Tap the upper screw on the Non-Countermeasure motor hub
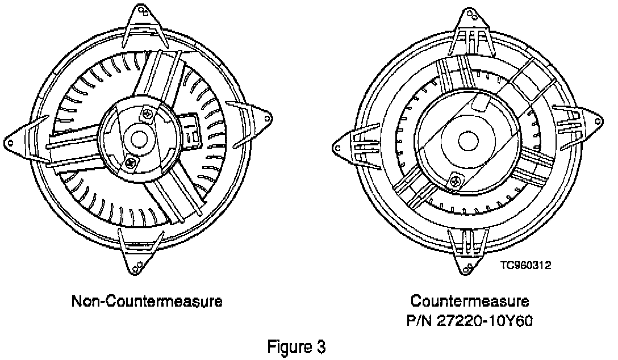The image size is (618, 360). coord(148,114)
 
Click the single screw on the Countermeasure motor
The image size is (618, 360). coord(455,182)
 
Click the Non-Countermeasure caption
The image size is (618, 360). coord(147,301)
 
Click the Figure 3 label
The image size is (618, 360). coord(297,346)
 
